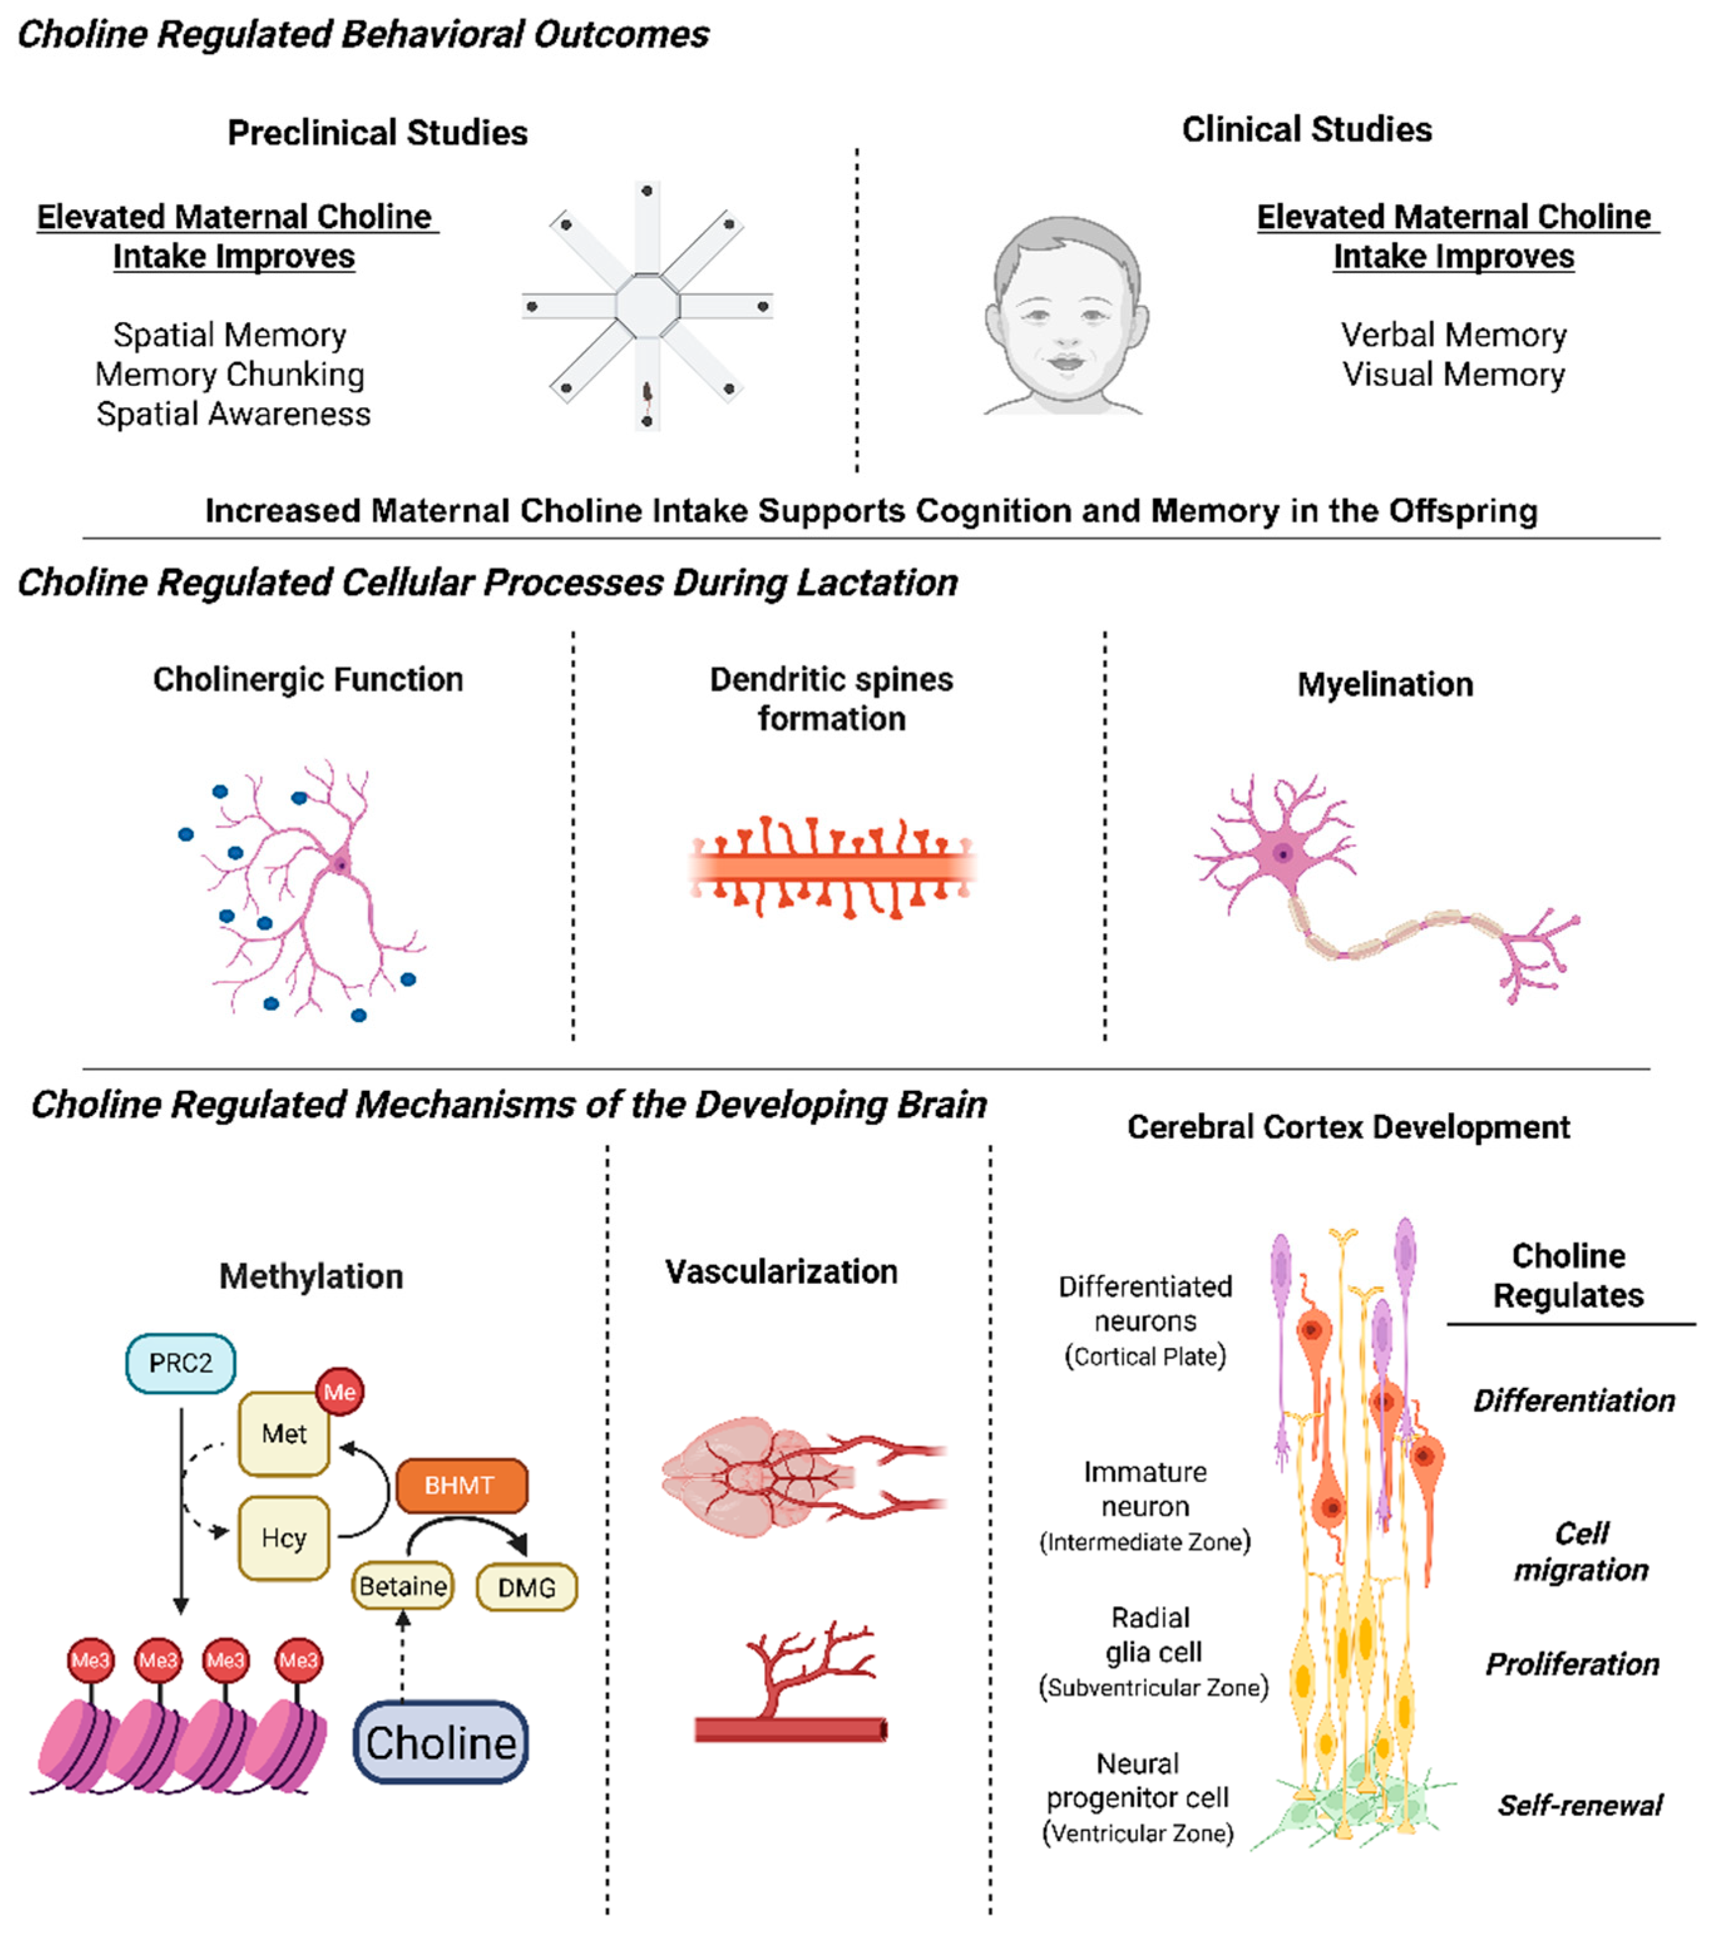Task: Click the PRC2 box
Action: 180,1363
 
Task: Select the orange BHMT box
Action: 460,1484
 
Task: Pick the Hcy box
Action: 283,1538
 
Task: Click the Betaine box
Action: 402,1586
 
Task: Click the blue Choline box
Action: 441,1743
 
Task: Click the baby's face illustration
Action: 1066,317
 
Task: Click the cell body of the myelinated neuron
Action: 1283,854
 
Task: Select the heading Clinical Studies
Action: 1307,130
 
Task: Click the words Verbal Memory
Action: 1454,335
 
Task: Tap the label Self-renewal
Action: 1579,1805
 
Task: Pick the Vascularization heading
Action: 781,1271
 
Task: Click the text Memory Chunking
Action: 230,375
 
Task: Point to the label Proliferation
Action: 1572,1664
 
